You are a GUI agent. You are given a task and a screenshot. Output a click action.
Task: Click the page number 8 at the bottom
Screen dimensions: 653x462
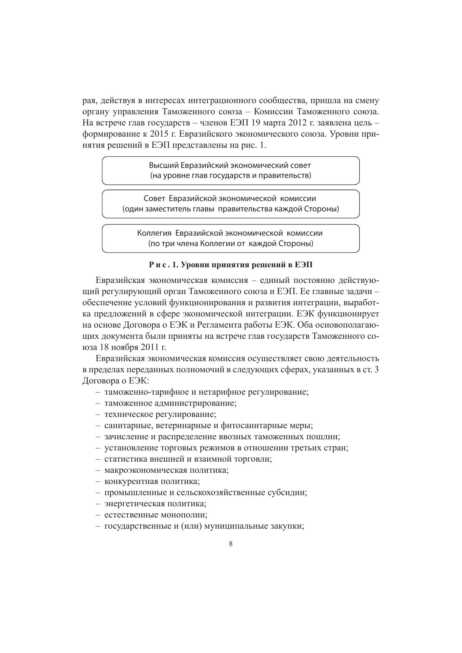tap(231, 544)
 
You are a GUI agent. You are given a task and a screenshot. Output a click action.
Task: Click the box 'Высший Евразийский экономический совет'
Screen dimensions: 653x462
tap(230, 171)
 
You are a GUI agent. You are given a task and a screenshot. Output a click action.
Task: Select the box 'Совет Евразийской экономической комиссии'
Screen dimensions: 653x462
tap(230, 204)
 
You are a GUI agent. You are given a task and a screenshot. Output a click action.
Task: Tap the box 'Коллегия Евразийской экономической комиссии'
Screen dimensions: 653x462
tap(230, 238)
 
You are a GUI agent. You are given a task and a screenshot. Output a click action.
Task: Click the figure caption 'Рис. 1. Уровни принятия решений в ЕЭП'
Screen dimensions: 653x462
tap(231, 265)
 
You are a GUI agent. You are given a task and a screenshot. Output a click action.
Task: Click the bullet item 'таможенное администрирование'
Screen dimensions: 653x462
tap(170, 403)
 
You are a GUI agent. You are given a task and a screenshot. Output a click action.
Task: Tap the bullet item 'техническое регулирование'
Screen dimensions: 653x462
tap(160, 414)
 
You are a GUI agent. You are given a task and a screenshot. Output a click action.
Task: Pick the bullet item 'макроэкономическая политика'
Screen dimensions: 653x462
tap(166, 470)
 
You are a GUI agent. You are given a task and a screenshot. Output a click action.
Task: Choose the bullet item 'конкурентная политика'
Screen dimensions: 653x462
tap(152, 481)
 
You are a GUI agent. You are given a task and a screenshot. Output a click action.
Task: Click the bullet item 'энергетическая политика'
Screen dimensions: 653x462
tap(155, 504)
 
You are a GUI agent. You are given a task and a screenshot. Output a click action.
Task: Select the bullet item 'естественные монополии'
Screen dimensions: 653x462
tap(156, 515)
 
